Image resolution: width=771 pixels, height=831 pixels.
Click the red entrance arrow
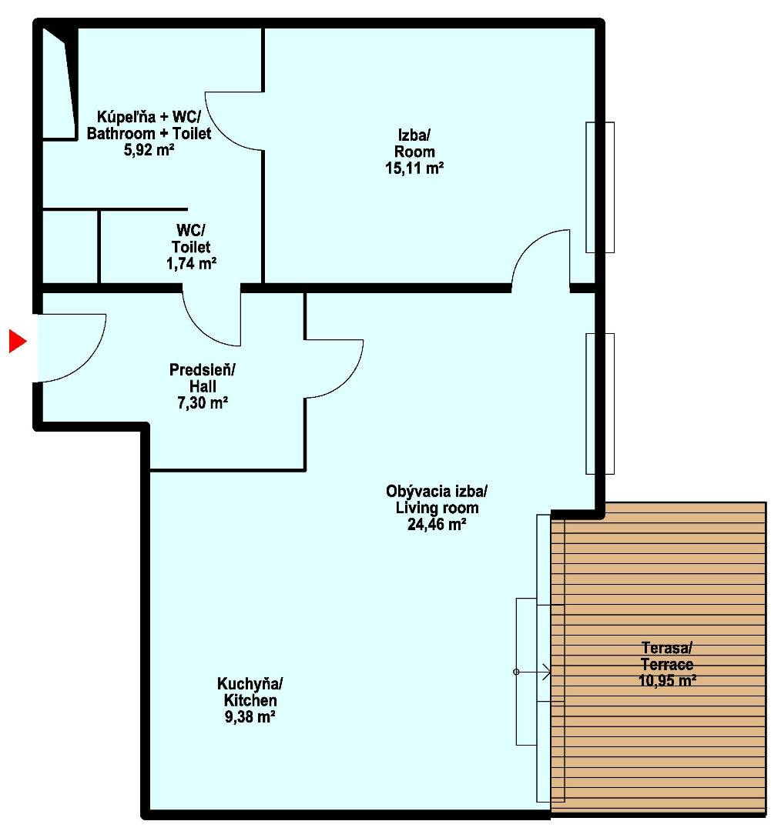point(17,341)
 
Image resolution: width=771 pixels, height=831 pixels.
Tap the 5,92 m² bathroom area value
point(149,150)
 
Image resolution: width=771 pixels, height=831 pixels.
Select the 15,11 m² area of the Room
point(414,169)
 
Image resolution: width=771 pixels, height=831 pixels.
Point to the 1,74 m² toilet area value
point(191,263)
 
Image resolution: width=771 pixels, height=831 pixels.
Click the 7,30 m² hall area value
point(202,403)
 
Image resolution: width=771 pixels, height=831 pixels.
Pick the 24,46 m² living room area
point(437,525)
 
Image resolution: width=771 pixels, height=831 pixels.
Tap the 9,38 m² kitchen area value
point(250,717)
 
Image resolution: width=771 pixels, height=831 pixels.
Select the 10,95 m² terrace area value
point(667,680)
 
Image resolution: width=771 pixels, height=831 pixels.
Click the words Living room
point(437,508)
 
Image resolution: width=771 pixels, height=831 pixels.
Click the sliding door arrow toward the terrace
point(533,672)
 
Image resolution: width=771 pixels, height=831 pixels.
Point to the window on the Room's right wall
point(600,187)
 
